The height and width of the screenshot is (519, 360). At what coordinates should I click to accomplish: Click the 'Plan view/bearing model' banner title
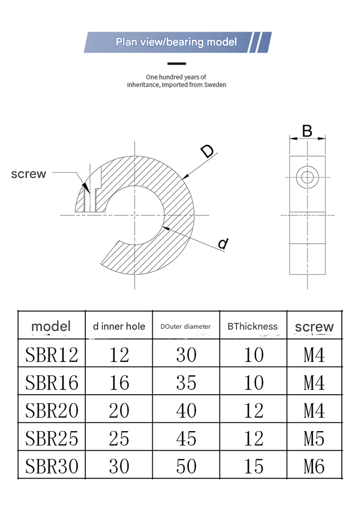[x=176, y=42]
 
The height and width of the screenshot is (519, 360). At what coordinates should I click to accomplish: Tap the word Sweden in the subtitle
[x=215, y=85]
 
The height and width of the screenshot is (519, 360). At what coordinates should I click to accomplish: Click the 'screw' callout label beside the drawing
[x=29, y=173]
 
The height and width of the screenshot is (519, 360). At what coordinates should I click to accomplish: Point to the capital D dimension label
[x=207, y=152]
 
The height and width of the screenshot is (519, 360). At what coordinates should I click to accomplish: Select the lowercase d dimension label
[x=222, y=244]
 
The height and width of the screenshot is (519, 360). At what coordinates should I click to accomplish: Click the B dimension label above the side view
[x=307, y=132]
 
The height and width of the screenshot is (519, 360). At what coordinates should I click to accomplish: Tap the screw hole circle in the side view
[x=308, y=177]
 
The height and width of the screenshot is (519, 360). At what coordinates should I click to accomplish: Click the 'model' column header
[x=51, y=326]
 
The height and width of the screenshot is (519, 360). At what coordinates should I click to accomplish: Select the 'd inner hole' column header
[x=119, y=326]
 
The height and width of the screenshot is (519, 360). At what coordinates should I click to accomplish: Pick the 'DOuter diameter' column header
[x=185, y=326]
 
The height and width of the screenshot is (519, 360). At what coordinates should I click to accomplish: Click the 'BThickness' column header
[x=252, y=326]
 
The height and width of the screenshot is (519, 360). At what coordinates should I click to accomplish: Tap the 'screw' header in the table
[x=314, y=326]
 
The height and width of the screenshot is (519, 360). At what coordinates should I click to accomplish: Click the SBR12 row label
[x=51, y=355]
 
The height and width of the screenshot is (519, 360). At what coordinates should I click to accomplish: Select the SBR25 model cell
[x=51, y=438]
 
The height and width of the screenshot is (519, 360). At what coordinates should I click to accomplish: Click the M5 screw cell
[x=314, y=438]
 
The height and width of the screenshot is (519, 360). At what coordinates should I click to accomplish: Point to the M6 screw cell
[x=314, y=466]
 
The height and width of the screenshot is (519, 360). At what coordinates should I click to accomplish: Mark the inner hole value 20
[x=119, y=411]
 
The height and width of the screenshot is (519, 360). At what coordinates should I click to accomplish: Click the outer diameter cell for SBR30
[x=186, y=466]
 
